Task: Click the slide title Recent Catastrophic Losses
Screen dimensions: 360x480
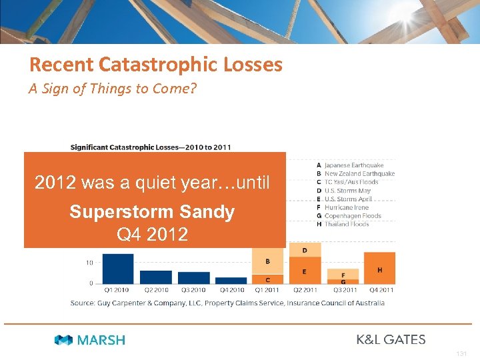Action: click(x=155, y=65)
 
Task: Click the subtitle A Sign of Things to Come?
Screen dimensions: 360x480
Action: click(x=113, y=89)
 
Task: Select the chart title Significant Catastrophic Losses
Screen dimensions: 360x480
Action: click(x=151, y=147)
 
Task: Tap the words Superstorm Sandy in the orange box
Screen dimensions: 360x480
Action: click(x=152, y=212)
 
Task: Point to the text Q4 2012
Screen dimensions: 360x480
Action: click(x=152, y=235)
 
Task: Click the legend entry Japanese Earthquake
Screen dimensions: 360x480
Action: click(x=354, y=165)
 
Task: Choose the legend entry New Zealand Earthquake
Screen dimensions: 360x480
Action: click(x=359, y=174)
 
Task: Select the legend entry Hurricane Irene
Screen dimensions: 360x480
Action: click(x=346, y=207)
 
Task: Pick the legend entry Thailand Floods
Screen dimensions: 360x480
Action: click(x=346, y=224)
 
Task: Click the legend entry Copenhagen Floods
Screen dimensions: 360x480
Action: click(x=352, y=216)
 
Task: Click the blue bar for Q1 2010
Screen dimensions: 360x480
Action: click(x=118, y=268)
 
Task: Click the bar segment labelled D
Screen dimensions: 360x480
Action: click(x=305, y=250)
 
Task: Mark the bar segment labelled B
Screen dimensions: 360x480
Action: click(x=267, y=261)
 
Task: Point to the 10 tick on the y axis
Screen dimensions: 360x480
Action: click(x=89, y=263)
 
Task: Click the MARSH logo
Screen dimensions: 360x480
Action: click(x=90, y=340)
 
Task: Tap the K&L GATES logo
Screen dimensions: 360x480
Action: click(x=391, y=339)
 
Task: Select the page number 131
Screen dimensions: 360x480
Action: click(x=462, y=354)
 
